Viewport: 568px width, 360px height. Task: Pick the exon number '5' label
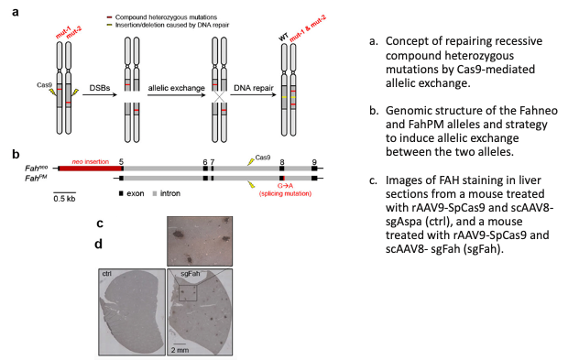tap(122, 159)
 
